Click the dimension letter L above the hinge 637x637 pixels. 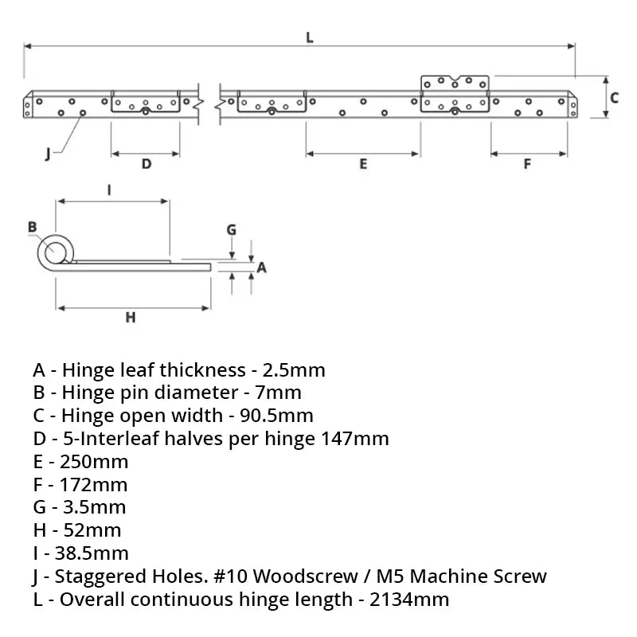tap(309, 36)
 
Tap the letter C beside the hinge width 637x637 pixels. tap(614, 97)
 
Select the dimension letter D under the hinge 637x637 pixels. tap(146, 164)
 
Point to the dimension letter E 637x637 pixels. tap(363, 164)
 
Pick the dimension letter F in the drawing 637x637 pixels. tap(527, 164)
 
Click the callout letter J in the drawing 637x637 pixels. tap(49, 153)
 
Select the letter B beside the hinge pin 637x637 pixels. tap(33, 227)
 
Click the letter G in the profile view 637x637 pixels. tap(231, 230)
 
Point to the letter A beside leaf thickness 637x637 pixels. tap(261, 268)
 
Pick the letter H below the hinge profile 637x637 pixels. tap(131, 318)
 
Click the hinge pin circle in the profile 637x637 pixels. tap(56, 252)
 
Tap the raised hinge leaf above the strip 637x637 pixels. tap(455, 84)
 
